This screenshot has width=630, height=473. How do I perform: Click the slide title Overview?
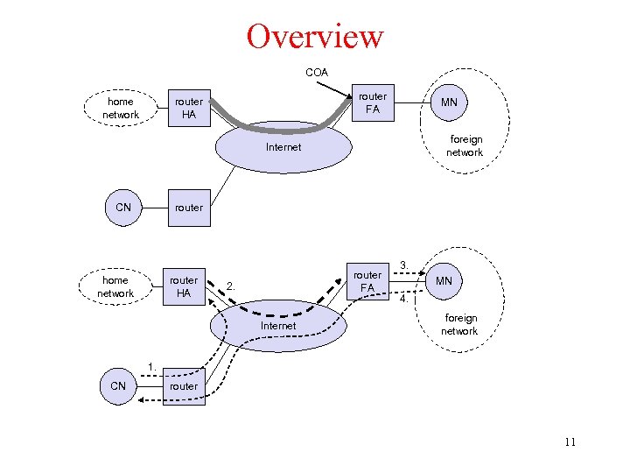pyautogui.click(x=315, y=37)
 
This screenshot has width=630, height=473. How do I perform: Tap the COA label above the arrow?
pyautogui.click(x=317, y=72)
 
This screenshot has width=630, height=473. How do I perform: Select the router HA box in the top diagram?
pyautogui.click(x=188, y=108)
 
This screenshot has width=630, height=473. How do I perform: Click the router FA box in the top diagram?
pyautogui.click(x=373, y=102)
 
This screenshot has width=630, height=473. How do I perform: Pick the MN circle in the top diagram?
pyautogui.click(x=449, y=102)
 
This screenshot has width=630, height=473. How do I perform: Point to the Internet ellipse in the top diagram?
pyautogui.click(x=283, y=146)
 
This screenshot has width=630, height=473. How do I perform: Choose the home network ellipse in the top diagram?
pyautogui.click(x=121, y=108)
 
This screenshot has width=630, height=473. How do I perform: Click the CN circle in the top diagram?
pyautogui.click(x=123, y=208)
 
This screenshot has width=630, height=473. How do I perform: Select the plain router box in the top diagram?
pyautogui.click(x=188, y=208)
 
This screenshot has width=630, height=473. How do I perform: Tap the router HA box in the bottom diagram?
pyautogui.click(x=183, y=286)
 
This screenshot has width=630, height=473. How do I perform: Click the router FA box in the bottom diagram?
pyautogui.click(x=367, y=281)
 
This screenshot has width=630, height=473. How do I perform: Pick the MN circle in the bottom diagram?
pyautogui.click(x=444, y=281)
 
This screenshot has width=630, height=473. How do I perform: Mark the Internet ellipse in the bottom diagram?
pyautogui.click(x=278, y=325)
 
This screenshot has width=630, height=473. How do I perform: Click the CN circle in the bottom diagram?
pyautogui.click(x=118, y=386)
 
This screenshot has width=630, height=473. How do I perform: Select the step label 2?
pyautogui.click(x=230, y=285)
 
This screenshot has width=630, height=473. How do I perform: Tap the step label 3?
pyautogui.click(x=404, y=264)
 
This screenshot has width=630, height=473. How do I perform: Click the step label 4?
pyautogui.click(x=404, y=300)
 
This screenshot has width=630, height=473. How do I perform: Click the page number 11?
pyautogui.click(x=570, y=442)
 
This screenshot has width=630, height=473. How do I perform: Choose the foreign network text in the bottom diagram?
pyautogui.click(x=459, y=324)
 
